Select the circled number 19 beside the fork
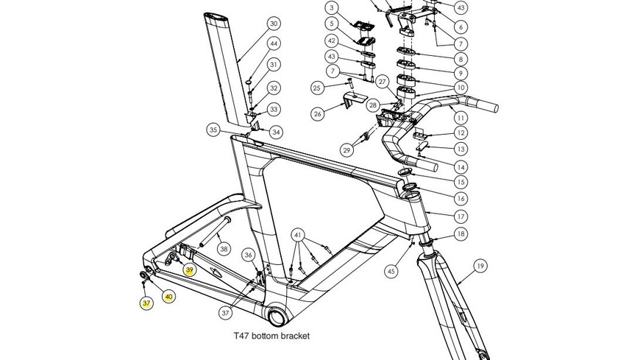(x=480, y=266)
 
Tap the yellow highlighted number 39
(x=190, y=270)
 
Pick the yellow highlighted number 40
(x=168, y=297)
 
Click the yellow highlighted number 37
(x=146, y=302)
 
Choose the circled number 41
(x=298, y=236)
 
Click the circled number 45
(x=391, y=271)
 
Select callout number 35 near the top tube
(x=213, y=130)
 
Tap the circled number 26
(x=318, y=114)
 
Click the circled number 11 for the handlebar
(x=461, y=118)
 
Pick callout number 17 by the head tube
(x=461, y=216)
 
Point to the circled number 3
(x=333, y=8)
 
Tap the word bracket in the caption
(x=294, y=336)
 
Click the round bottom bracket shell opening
(x=280, y=317)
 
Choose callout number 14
(x=461, y=166)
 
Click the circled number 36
(x=249, y=255)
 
